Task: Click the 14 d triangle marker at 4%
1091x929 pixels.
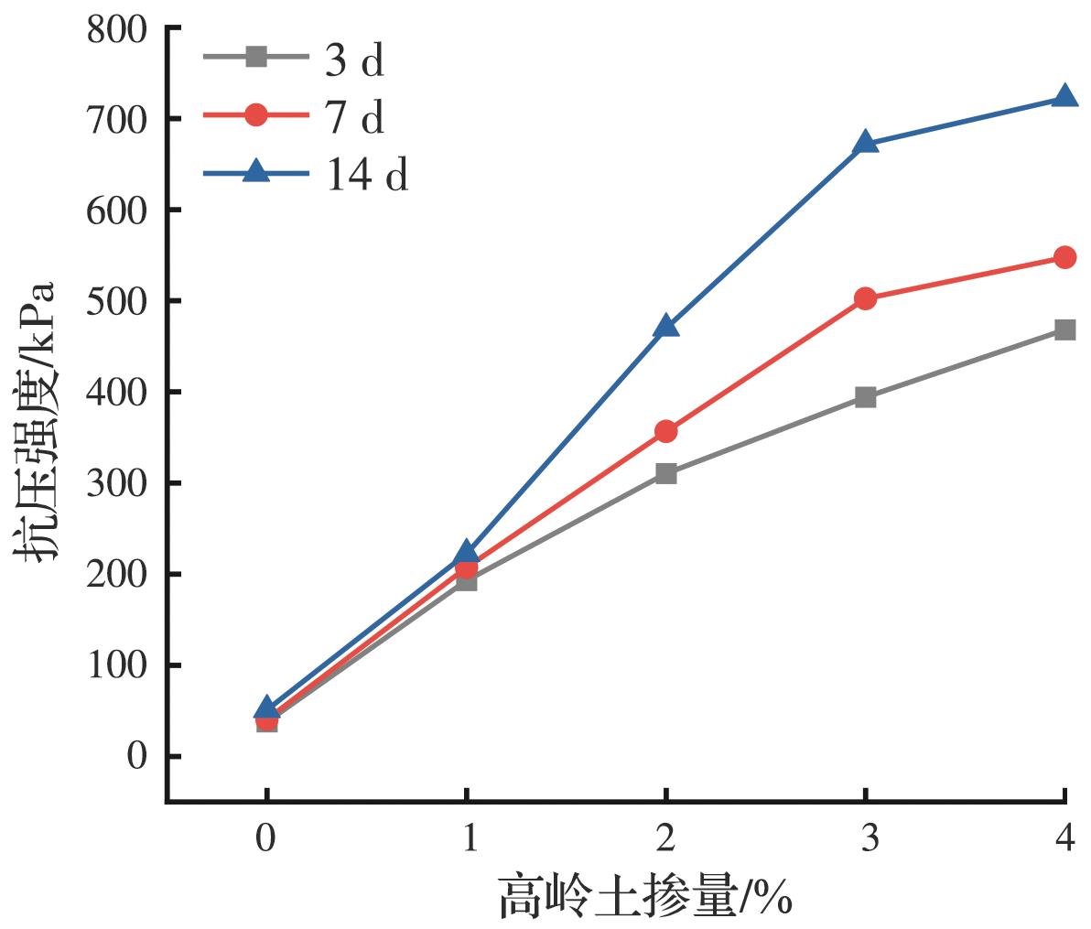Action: click(1064, 96)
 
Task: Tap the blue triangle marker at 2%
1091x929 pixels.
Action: click(666, 325)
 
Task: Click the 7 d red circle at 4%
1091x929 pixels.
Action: click(1064, 257)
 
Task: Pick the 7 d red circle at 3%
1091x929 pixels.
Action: click(866, 298)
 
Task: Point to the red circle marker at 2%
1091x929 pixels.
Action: click(666, 431)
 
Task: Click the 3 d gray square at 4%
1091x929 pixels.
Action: click(1064, 329)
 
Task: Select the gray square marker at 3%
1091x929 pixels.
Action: click(866, 397)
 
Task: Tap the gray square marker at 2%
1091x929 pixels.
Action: click(666, 473)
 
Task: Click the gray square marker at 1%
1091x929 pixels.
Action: click(467, 581)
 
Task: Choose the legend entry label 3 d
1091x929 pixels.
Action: click(353, 61)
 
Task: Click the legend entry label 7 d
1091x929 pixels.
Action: click(353, 117)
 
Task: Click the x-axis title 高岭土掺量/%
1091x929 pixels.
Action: click(644, 896)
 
